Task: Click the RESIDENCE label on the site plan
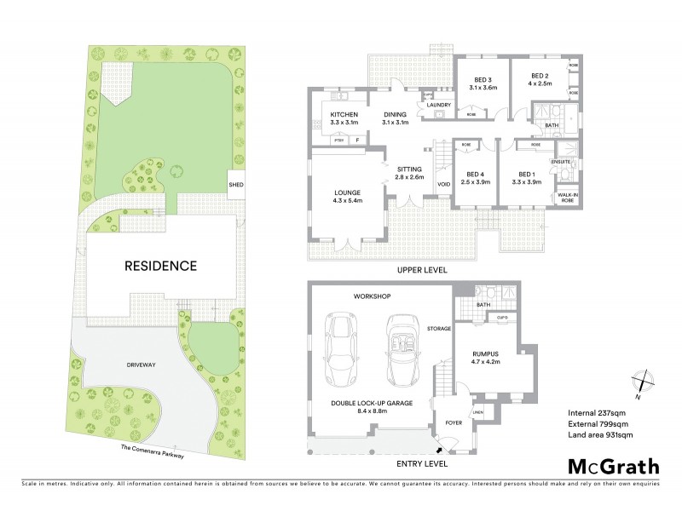point(161,266)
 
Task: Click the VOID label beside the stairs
point(443,184)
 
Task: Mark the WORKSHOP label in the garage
point(373,296)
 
